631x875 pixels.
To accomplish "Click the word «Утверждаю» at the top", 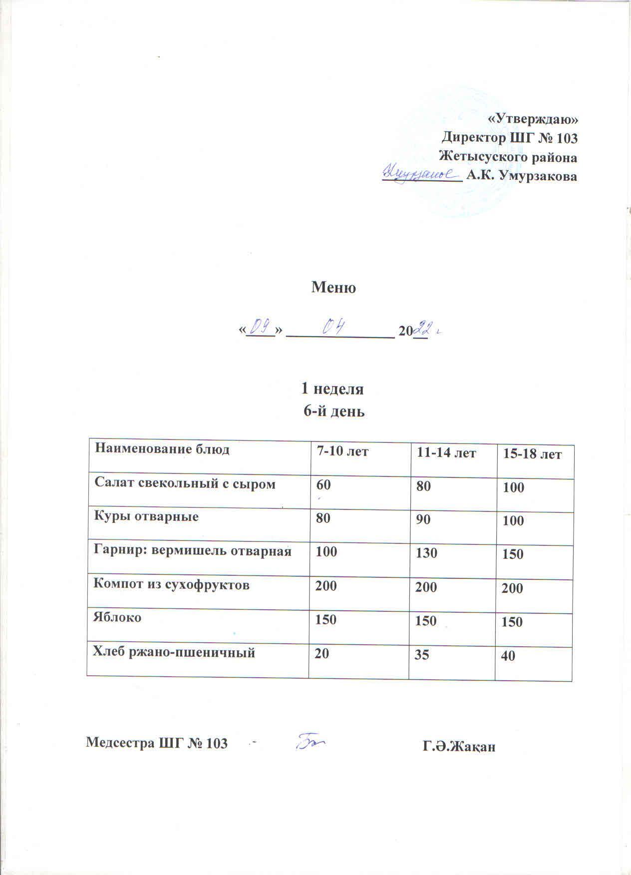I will (532, 119).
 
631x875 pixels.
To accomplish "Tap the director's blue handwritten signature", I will (421, 174).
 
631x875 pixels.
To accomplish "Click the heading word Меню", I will (333, 288).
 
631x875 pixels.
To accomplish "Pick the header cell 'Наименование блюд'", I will (162, 449).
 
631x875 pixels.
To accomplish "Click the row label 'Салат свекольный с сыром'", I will (185, 483).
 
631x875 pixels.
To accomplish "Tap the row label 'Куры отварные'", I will (146, 516).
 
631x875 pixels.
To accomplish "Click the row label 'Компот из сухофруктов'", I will (172, 584).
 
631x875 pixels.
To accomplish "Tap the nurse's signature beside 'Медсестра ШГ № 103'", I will (311, 742).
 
